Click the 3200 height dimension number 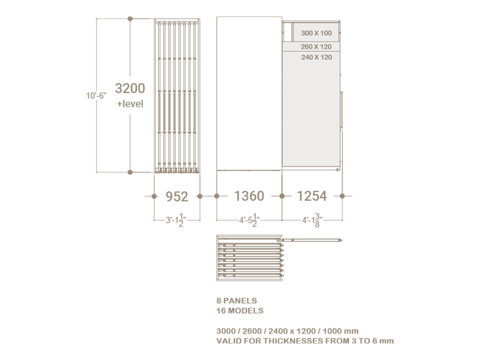[130, 88]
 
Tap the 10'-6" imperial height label [96, 96]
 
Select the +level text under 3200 [130, 104]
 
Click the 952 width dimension [177, 197]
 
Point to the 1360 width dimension [249, 196]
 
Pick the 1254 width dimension [312, 196]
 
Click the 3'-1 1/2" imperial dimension [176, 220]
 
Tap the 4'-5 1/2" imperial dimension [249, 220]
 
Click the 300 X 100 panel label [316, 33]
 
